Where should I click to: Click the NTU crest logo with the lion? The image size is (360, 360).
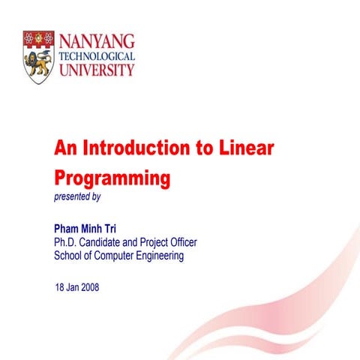pos(38,57)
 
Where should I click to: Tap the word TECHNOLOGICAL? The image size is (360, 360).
pos(96,56)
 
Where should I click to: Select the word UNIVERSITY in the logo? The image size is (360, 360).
pos(96,70)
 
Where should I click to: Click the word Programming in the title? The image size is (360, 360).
pos(112,179)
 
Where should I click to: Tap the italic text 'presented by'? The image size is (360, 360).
pos(77,197)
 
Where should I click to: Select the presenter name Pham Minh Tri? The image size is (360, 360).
pos(85,228)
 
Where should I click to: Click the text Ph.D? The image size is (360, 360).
pos(66,242)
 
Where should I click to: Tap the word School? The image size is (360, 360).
pos(68,256)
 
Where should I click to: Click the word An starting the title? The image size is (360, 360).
pos(64,148)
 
